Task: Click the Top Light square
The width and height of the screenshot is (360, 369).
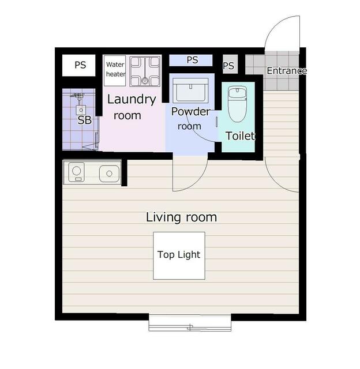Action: coord(179,255)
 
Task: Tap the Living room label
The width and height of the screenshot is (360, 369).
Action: coord(181,217)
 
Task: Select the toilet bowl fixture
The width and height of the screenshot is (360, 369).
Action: coord(237,104)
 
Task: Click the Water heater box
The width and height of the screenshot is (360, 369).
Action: coord(115,70)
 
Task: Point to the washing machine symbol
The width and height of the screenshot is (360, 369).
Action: coord(145,71)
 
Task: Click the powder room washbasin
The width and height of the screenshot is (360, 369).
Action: coord(190,91)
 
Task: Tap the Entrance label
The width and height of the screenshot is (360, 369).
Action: coord(287,70)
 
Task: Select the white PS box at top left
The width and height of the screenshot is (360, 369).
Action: coord(79,65)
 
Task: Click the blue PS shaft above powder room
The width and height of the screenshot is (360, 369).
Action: coord(191,60)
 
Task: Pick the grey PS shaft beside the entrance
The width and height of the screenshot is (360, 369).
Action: coord(230,64)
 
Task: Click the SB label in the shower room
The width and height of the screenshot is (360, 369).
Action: coord(84,121)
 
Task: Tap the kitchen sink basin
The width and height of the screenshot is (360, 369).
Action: coord(109,174)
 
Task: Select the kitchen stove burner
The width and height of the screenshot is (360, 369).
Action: coord(76,172)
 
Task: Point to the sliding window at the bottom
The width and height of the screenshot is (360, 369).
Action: coord(190,323)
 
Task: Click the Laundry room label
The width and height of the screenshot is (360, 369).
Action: coord(132,107)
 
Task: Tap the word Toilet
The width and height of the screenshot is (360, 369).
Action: coord(240,136)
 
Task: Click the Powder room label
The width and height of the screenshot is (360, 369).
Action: coord(190,119)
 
